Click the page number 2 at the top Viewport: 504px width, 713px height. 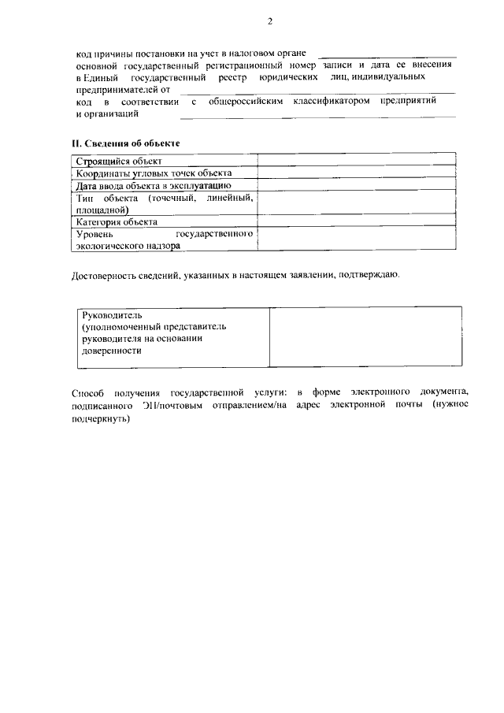tap(269, 20)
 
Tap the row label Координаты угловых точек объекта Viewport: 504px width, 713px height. tap(154, 173)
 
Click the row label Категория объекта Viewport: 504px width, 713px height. tap(117, 222)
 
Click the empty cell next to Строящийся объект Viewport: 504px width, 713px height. tap(357, 162)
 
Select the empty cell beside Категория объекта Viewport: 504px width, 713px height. tap(357, 222)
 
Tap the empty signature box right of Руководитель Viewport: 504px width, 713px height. tap(365, 336)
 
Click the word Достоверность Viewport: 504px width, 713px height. tap(107, 275)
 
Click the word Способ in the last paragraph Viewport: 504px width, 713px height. tap(87, 392)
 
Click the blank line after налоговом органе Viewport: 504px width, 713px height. tap(388, 55)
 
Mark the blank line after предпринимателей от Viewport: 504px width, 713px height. tap(315, 92)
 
